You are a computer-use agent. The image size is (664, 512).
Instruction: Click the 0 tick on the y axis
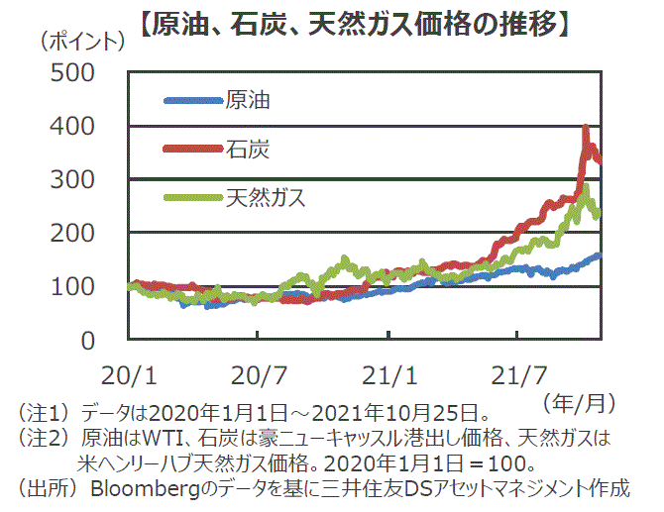tap(86, 341)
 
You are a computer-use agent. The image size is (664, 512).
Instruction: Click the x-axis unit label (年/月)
tap(580, 402)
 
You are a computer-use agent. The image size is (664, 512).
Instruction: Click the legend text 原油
tap(248, 100)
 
